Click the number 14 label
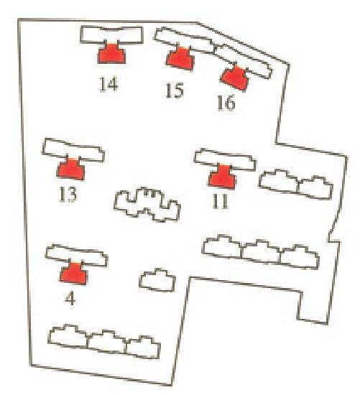pyautogui.click(x=109, y=84)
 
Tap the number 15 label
pyautogui.click(x=174, y=90)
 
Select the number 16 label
pyautogui.click(x=226, y=102)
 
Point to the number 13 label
pyautogui.click(x=68, y=194)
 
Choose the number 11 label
pyautogui.click(x=221, y=201)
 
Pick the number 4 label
pyautogui.click(x=70, y=299)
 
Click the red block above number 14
pyautogui.click(x=111, y=54)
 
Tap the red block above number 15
pyautogui.click(x=180, y=59)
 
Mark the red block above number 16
pyautogui.click(x=235, y=78)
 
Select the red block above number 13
pyautogui.click(x=71, y=169)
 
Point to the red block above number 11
pyautogui.click(x=222, y=177)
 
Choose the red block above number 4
pyautogui.click(x=73, y=274)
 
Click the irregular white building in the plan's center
pyautogui.click(x=147, y=204)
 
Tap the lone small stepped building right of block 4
pyautogui.click(x=157, y=281)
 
